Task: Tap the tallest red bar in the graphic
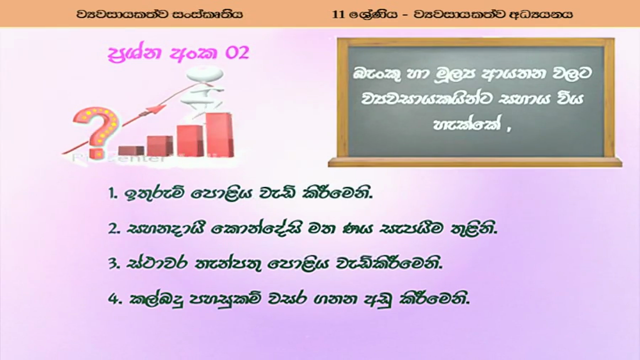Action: [x=219, y=134]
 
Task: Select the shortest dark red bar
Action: [x=131, y=151]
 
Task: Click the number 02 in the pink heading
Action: [x=237, y=53]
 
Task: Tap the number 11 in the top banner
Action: [x=338, y=14]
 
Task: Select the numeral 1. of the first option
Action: [x=113, y=194]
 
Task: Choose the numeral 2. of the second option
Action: [x=114, y=229]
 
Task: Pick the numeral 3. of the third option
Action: [x=114, y=264]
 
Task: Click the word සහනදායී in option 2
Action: [x=165, y=229]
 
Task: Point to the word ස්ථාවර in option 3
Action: [x=157, y=264]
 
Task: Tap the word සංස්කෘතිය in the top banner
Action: [x=208, y=14]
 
